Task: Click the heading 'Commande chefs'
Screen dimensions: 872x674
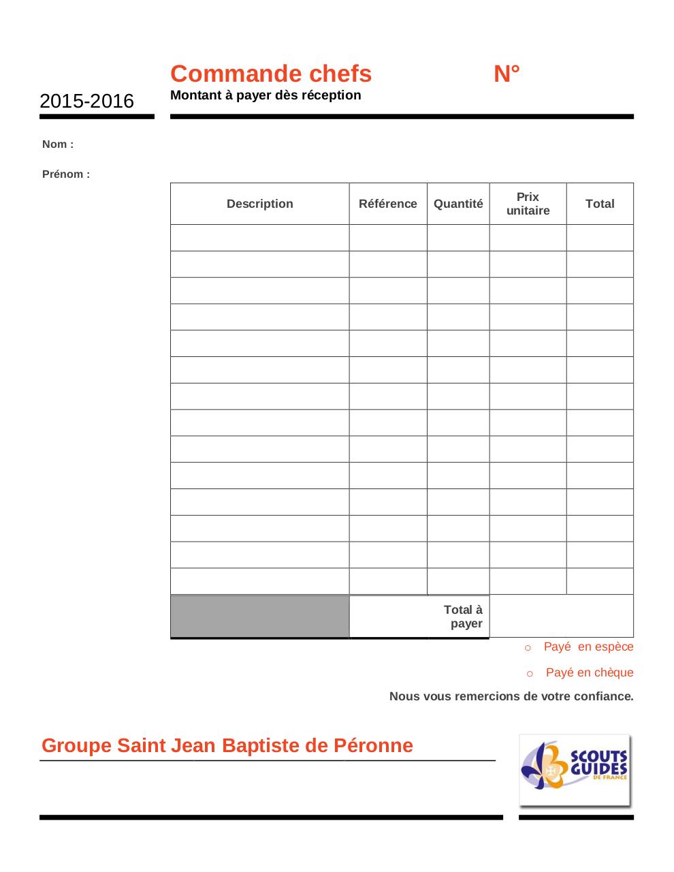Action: coord(270,74)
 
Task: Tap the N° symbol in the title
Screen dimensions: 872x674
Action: coord(507,74)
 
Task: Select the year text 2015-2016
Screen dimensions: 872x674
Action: coord(86,102)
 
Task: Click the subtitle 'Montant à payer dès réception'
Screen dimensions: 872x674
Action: coord(266,95)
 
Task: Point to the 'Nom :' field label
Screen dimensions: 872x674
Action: coord(58,144)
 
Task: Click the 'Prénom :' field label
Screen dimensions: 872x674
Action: coord(66,174)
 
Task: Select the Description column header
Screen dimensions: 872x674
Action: coord(259,204)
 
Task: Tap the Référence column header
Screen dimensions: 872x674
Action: coord(387,204)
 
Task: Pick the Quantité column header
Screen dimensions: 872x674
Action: coord(458,204)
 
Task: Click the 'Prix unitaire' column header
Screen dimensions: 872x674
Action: coord(528,204)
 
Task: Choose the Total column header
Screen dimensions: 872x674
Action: coord(600,204)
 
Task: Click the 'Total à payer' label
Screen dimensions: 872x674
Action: coord(464,617)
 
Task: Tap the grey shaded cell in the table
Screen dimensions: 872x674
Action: coord(259,617)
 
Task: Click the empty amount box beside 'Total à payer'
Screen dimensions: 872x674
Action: coord(561,616)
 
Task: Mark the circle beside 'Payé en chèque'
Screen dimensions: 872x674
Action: coord(530,674)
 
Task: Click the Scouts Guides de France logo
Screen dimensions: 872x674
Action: coord(575,770)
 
